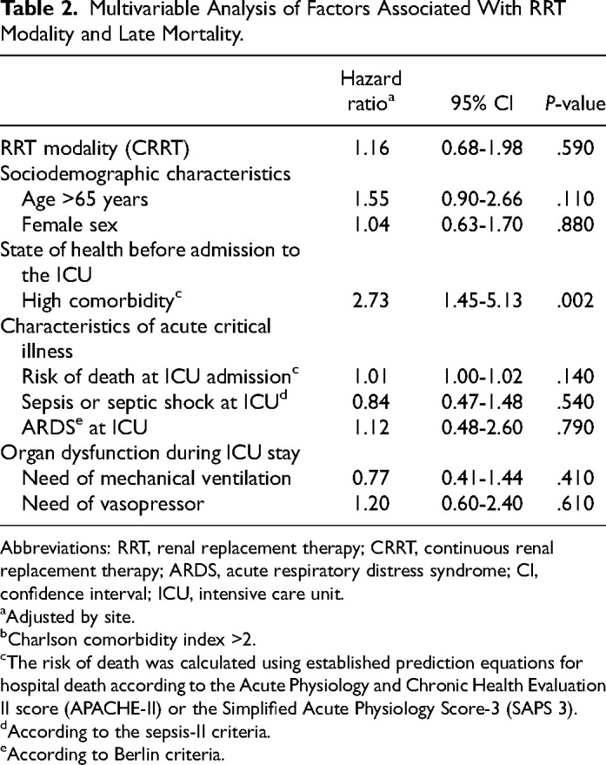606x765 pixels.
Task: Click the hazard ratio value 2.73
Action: click(x=370, y=300)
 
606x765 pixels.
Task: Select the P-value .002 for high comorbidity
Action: click(x=576, y=300)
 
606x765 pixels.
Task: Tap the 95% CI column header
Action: click(x=483, y=104)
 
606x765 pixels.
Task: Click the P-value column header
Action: click(x=576, y=104)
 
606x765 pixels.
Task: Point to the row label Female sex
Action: click(x=70, y=225)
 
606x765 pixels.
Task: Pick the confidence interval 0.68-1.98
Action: click(x=483, y=148)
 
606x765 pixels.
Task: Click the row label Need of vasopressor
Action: click(x=113, y=504)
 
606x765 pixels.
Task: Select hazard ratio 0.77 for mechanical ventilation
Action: click(x=370, y=478)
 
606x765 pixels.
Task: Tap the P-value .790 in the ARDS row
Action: click(x=576, y=427)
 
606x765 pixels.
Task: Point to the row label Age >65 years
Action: click(x=85, y=199)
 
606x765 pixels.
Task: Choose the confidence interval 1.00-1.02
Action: click(x=483, y=377)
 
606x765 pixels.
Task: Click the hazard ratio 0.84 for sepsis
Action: click(x=370, y=402)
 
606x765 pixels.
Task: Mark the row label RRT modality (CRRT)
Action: click(x=95, y=148)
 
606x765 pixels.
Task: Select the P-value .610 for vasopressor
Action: click(x=576, y=504)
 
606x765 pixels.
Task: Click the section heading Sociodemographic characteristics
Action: click(x=145, y=174)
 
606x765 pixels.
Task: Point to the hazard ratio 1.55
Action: click(x=371, y=199)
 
